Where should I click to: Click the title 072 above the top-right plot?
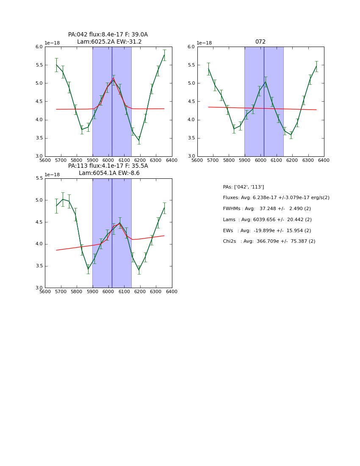coord(260,42)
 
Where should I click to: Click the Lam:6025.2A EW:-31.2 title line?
coord(109,42)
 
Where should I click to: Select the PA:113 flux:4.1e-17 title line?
coord(108,166)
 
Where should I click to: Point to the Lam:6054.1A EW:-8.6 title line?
coord(109,173)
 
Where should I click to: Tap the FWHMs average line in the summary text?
coord(267,209)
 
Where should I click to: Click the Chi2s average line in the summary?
coord(269,241)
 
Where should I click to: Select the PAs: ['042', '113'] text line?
coord(244,187)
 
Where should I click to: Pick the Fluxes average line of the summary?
coord(276,198)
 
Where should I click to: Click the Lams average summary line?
coord(267,220)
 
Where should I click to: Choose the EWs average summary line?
coord(267,231)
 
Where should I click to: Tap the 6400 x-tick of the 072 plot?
coord(324,161)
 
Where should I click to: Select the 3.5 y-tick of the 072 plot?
coord(192,138)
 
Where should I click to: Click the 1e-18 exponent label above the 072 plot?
coord(205,43)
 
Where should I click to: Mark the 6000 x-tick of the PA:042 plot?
coord(108,161)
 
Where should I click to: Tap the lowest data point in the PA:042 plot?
coord(139,140)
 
